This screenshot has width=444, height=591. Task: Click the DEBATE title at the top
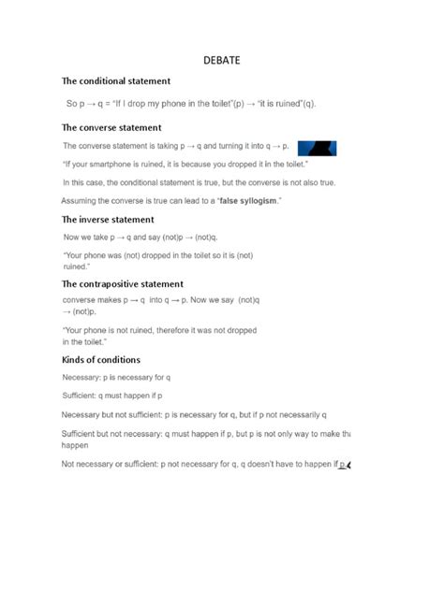pyautogui.click(x=222, y=60)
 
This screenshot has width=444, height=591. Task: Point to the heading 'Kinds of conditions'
pyautogui.click(x=101, y=360)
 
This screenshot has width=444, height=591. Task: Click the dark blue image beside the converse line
pyautogui.click(x=317, y=147)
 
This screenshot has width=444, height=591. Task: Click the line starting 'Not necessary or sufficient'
pyautogui.click(x=201, y=464)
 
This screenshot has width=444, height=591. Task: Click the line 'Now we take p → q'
pyautogui.click(x=146, y=238)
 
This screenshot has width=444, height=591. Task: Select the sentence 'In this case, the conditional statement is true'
pyautogui.click(x=199, y=182)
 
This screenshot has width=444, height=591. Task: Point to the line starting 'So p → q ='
pyautogui.click(x=191, y=104)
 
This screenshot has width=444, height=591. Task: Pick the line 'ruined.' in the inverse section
pyautogui.click(x=76, y=267)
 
